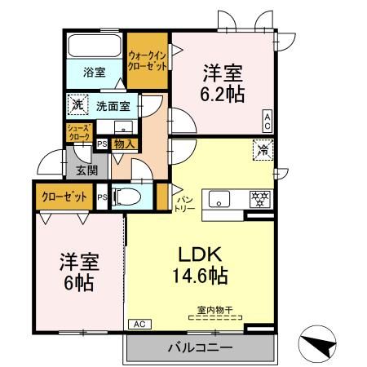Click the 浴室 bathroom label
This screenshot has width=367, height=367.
click(94, 72)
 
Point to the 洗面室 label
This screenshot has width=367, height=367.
click(113, 105)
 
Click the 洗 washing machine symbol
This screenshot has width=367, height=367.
click(77, 104)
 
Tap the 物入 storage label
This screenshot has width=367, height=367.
click(125, 144)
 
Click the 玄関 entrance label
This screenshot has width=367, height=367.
click(86, 170)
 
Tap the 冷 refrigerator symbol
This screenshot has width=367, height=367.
click(263, 149)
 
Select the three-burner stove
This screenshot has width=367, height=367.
click(259, 200)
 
